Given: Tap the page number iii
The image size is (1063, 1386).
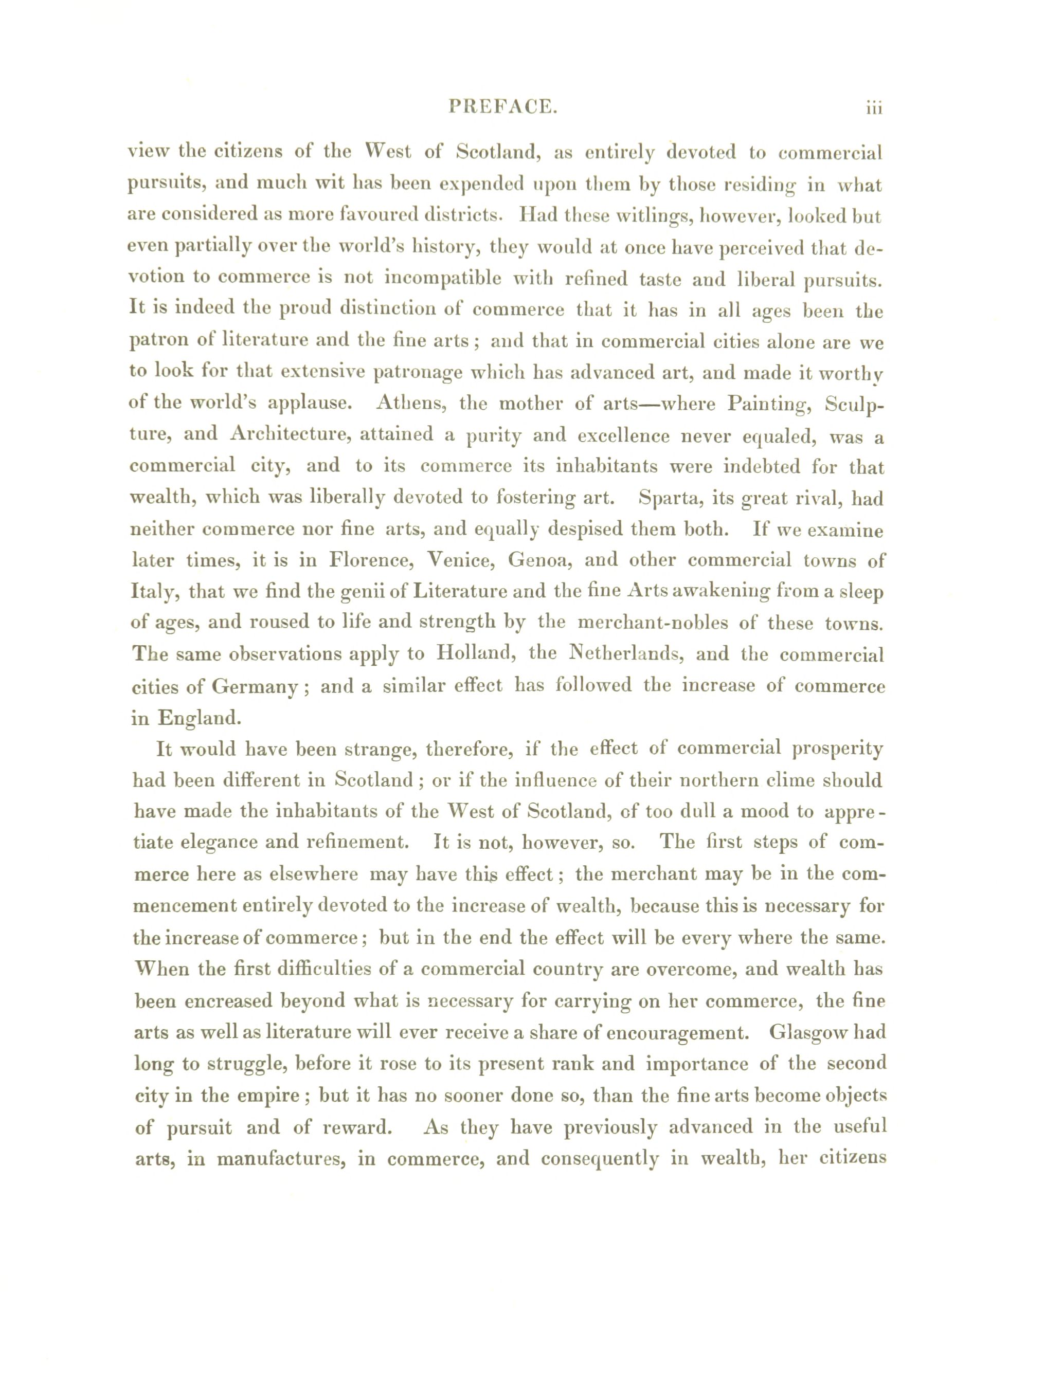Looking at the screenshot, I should point(874,108).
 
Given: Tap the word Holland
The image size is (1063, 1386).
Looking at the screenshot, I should point(475,653).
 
